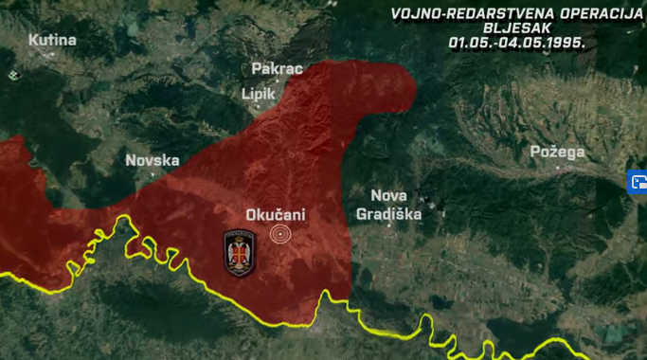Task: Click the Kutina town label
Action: (x=52, y=40)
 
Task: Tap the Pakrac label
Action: (x=276, y=69)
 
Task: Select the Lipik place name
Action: (x=259, y=94)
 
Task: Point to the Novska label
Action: (x=153, y=160)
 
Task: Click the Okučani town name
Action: (x=276, y=215)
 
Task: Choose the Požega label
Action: (x=557, y=152)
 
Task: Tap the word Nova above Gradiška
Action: (x=388, y=195)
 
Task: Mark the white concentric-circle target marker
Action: (x=280, y=234)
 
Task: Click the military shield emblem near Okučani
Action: (x=239, y=253)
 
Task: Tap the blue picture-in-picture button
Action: (x=637, y=182)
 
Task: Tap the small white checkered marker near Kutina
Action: (x=12, y=74)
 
